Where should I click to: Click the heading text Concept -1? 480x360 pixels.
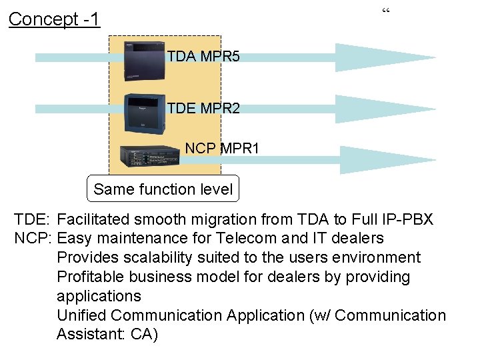pos(54,19)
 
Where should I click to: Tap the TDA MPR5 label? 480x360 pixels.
pos(203,57)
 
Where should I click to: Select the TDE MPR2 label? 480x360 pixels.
pos(203,108)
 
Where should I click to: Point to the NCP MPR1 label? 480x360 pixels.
pos(222,148)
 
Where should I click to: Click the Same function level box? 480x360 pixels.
pos(163,189)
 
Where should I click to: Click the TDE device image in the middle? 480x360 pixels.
pos(145,114)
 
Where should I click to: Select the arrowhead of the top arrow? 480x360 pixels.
pos(383,57)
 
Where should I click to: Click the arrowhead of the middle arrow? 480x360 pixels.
pos(383,109)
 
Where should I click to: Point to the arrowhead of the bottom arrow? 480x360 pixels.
pos(383,160)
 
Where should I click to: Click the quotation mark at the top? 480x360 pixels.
pos(386,11)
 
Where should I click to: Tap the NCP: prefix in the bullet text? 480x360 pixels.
pos(33,238)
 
